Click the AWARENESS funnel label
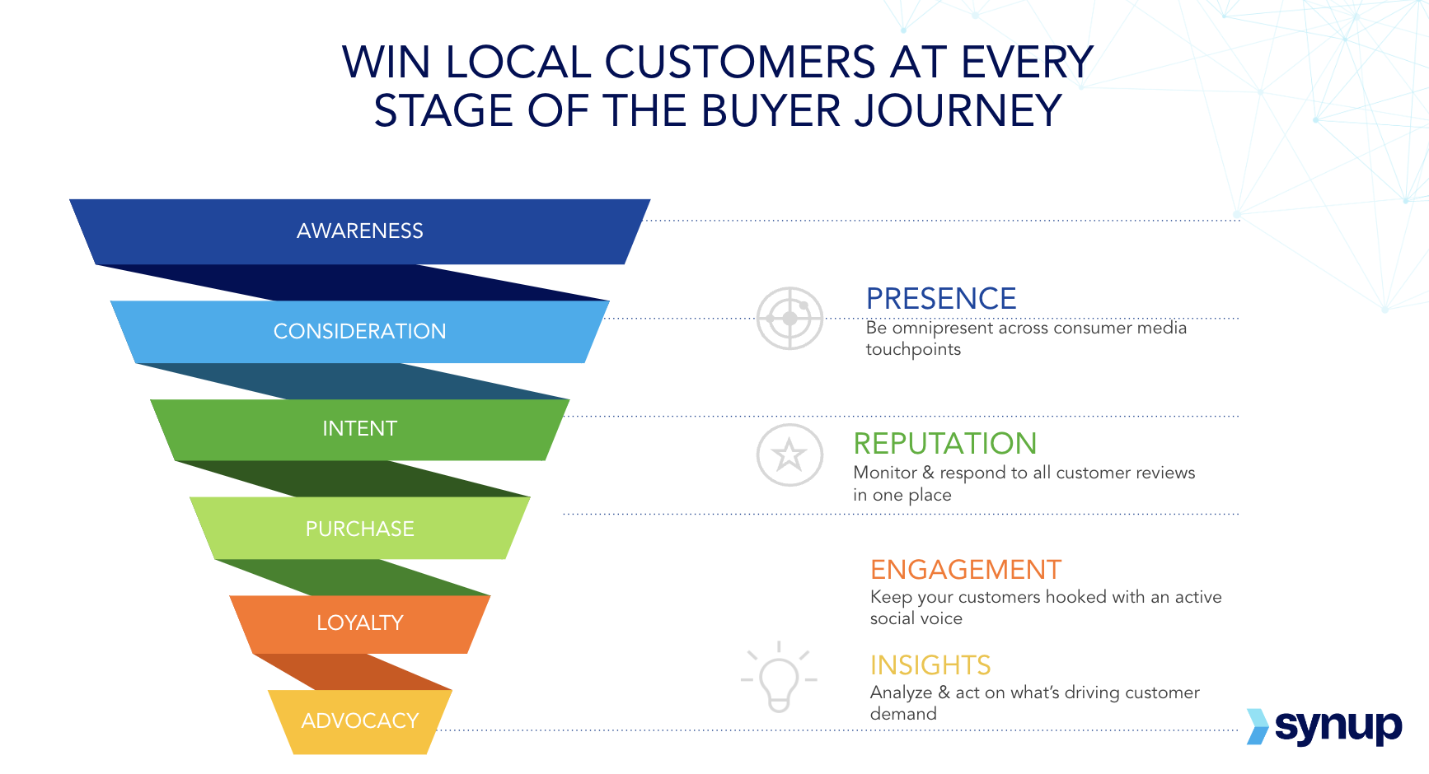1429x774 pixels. click(360, 231)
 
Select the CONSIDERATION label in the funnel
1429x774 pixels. click(360, 331)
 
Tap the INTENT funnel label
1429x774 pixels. click(360, 428)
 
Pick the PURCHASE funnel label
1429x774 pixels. click(360, 529)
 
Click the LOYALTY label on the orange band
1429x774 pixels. click(360, 622)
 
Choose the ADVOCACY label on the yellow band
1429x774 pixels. click(360, 720)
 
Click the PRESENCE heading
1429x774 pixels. click(941, 298)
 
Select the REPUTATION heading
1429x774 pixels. click(944, 443)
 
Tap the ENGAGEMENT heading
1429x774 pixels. click(966, 569)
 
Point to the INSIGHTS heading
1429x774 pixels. click(930, 664)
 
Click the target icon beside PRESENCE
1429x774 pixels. click(790, 318)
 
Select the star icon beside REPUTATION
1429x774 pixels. click(789, 455)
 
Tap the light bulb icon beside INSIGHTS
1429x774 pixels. click(779, 677)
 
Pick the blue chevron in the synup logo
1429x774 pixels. click(1258, 726)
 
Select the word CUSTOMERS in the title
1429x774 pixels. click(740, 62)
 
